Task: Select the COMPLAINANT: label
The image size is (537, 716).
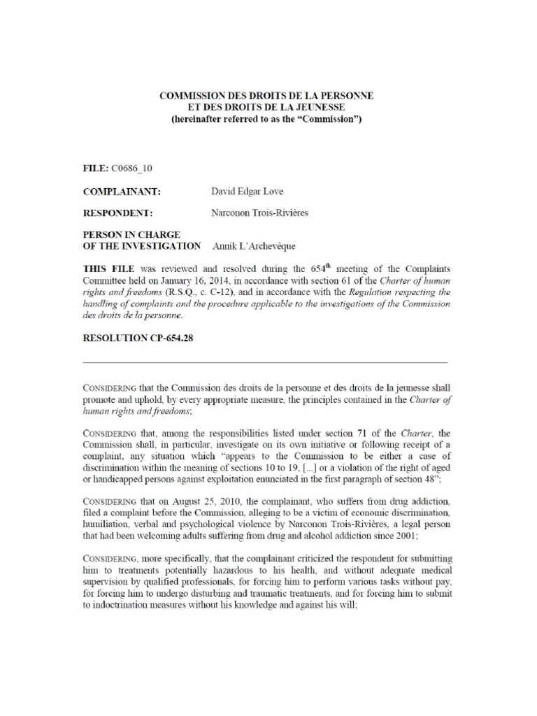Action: tap(122, 191)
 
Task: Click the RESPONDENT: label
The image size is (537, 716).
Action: tap(118, 213)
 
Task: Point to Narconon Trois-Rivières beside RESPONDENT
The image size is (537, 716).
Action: tap(259, 213)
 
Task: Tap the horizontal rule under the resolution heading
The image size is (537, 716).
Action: tap(265, 363)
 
